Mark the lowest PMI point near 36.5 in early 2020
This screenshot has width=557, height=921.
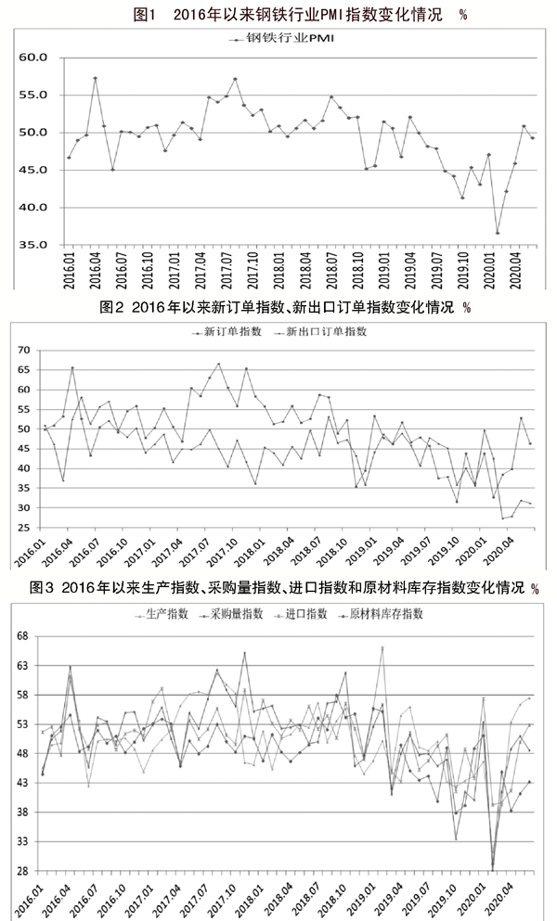[x=498, y=233]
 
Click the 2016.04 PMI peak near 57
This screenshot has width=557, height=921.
[x=95, y=78]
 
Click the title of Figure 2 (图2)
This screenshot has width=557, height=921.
[x=278, y=308]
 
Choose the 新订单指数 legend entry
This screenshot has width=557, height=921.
[x=228, y=331]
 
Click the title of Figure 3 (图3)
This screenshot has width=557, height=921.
[x=278, y=588]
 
